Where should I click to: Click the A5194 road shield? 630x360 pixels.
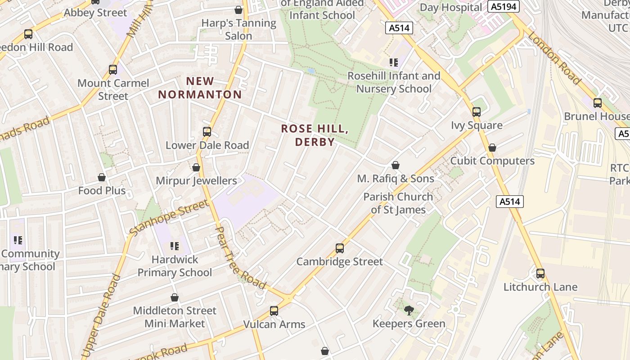click(504, 6)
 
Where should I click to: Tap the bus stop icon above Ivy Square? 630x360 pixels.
click(477, 112)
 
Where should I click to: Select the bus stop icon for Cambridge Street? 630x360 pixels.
click(340, 248)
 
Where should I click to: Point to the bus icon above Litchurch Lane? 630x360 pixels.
click(540, 273)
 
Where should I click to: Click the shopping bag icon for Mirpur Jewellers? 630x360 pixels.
click(196, 167)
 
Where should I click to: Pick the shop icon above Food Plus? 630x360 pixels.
click(102, 177)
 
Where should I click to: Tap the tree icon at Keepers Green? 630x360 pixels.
click(409, 310)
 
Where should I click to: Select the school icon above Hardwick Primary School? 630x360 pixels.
click(175, 246)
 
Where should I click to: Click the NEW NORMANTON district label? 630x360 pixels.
click(200, 88)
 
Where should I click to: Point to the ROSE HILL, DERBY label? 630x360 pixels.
click(315, 135)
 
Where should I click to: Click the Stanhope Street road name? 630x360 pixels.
click(169, 218)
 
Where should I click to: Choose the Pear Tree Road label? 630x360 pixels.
click(241, 258)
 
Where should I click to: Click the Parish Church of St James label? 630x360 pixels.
click(398, 203)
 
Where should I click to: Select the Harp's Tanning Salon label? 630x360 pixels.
click(238, 29)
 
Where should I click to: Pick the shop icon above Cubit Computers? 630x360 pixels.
click(492, 148)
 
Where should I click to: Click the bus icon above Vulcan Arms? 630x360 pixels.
click(274, 310)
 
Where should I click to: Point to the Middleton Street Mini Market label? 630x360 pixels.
click(175, 317)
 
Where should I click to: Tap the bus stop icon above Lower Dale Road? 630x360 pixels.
click(207, 132)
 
